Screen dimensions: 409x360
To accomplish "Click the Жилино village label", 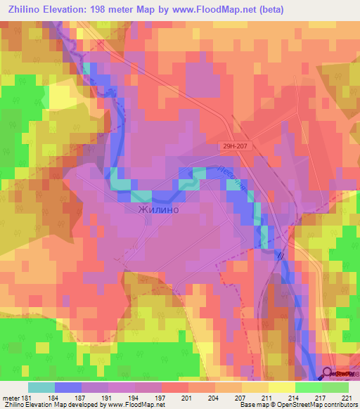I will [153, 209].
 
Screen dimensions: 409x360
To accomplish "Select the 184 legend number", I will [55, 397].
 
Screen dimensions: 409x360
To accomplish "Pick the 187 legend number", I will [82, 397].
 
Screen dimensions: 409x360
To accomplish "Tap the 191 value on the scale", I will [108, 397].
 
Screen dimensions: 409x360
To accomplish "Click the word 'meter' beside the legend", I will [10, 397].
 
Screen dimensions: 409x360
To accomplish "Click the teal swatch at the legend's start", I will [41, 387].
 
